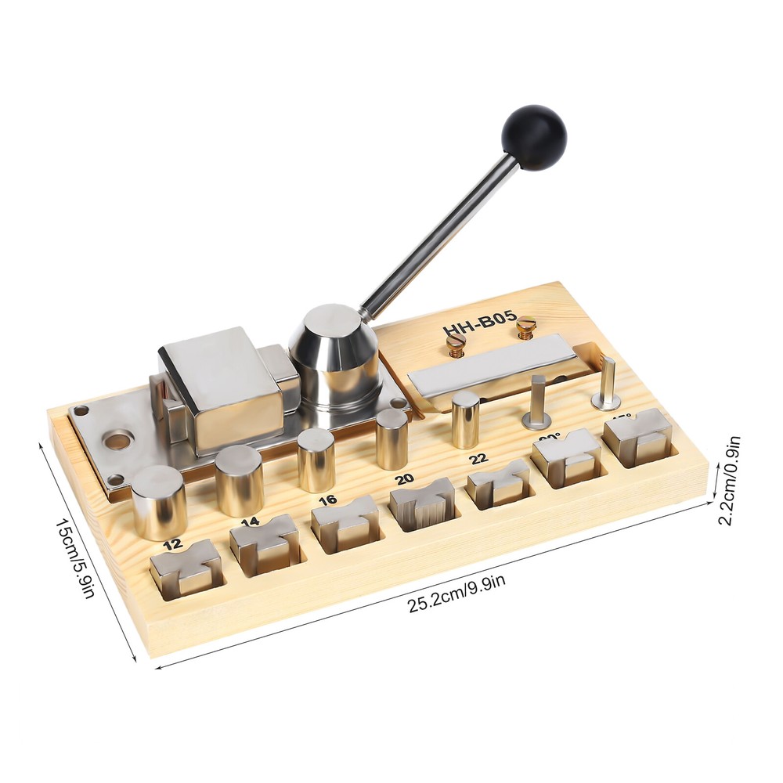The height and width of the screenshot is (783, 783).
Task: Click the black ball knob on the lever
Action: tap(533, 138)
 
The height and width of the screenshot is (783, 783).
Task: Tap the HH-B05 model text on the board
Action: tap(479, 325)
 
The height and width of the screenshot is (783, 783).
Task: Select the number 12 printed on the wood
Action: tap(175, 543)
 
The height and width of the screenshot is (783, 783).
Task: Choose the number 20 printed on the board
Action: tap(404, 478)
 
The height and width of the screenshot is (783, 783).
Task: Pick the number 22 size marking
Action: tap(478, 457)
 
